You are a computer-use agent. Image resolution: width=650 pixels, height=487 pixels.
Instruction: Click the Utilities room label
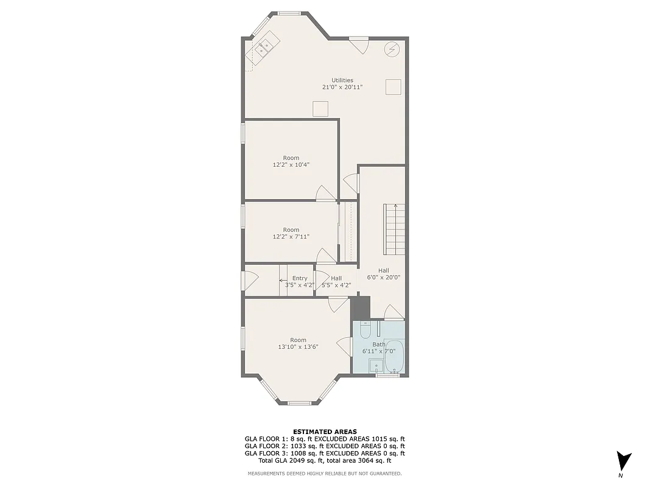click(x=342, y=80)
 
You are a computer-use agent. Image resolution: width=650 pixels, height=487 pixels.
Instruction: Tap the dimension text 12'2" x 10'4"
click(x=291, y=164)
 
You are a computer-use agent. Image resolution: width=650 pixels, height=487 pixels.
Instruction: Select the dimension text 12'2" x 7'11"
click(x=291, y=236)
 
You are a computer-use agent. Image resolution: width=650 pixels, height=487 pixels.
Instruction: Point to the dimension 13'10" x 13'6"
click(x=298, y=346)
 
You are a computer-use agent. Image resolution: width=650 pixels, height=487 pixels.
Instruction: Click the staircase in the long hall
click(x=394, y=229)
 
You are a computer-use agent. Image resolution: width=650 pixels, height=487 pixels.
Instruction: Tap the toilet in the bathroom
click(x=364, y=331)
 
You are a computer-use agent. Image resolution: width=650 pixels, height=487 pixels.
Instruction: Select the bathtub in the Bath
click(x=394, y=357)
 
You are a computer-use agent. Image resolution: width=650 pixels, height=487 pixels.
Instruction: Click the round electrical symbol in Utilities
click(x=392, y=49)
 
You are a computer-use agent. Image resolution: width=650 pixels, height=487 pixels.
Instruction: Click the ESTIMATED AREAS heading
click(x=325, y=432)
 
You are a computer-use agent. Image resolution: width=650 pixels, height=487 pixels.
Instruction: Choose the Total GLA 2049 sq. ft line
click(x=325, y=460)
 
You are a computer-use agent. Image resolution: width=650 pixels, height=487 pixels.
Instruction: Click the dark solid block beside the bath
click(x=361, y=307)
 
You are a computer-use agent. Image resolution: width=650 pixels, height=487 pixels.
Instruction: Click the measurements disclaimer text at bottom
click(x=325, y=473)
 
